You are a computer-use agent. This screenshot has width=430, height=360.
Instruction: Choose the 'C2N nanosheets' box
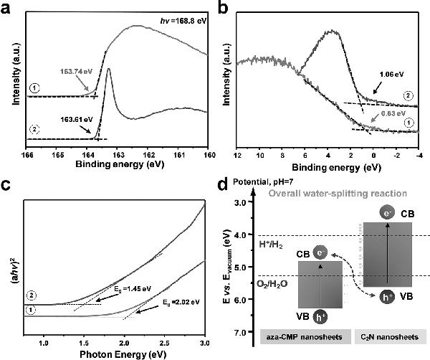[387, 336]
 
